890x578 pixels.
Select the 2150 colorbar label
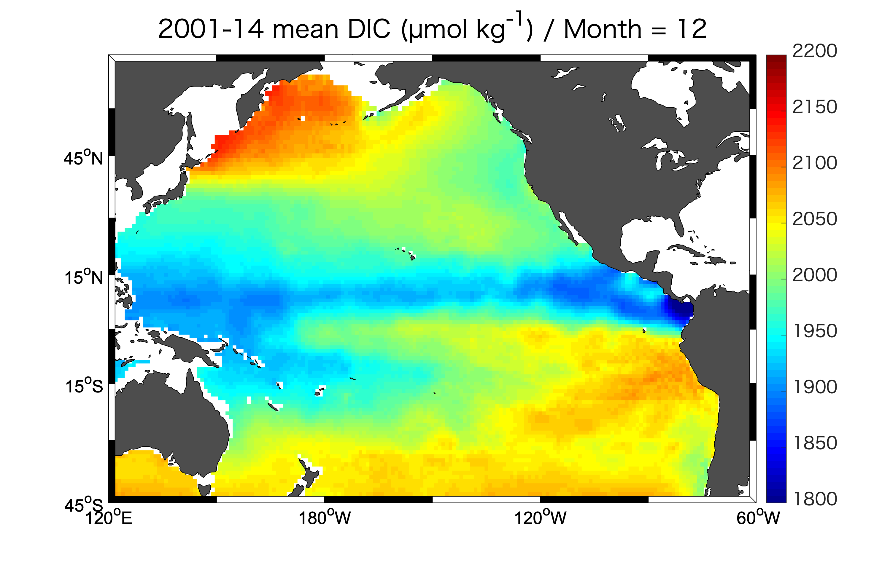click(814, 107)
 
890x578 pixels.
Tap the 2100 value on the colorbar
click(814, 163)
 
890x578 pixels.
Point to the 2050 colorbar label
click(814, 219)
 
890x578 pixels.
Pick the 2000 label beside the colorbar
click(814, 275)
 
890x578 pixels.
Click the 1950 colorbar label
click(814, 331)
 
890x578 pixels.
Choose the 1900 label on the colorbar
click(814, 387)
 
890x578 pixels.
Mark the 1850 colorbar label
click(814, 443)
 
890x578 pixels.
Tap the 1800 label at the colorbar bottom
click(814, 499)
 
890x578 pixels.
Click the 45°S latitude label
click(83, 505)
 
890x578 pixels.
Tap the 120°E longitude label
click(109, 518)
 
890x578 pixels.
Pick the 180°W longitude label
click(324, 518)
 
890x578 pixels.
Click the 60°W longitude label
click(758, 518)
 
